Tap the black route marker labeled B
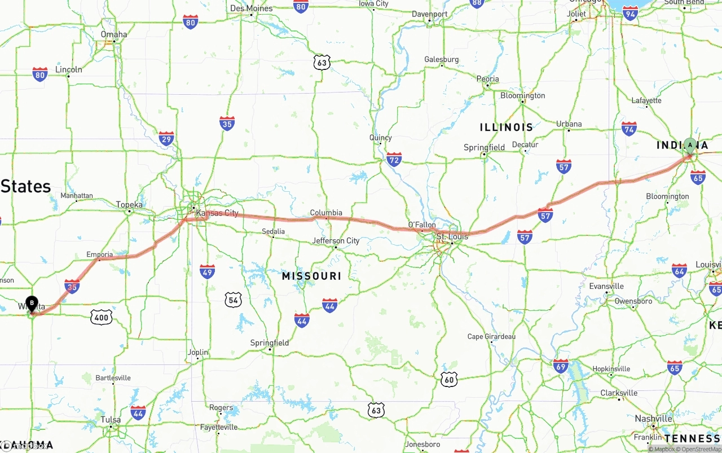point(32,304)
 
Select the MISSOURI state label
point(311,276)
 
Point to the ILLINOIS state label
point(506,127)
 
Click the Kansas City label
point(217,213)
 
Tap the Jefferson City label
point(336,241)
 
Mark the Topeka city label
point(129,204)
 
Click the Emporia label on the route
point(100,254)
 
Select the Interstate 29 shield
point(166,139)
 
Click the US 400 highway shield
point(101,317)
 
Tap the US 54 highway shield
point(233,300)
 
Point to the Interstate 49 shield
point(207,271)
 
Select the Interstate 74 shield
point(629,129)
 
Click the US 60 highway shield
point(448,379)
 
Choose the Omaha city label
point(114,34)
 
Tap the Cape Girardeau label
point(491,337)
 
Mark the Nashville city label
point(653,419)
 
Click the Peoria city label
point(487,79)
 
